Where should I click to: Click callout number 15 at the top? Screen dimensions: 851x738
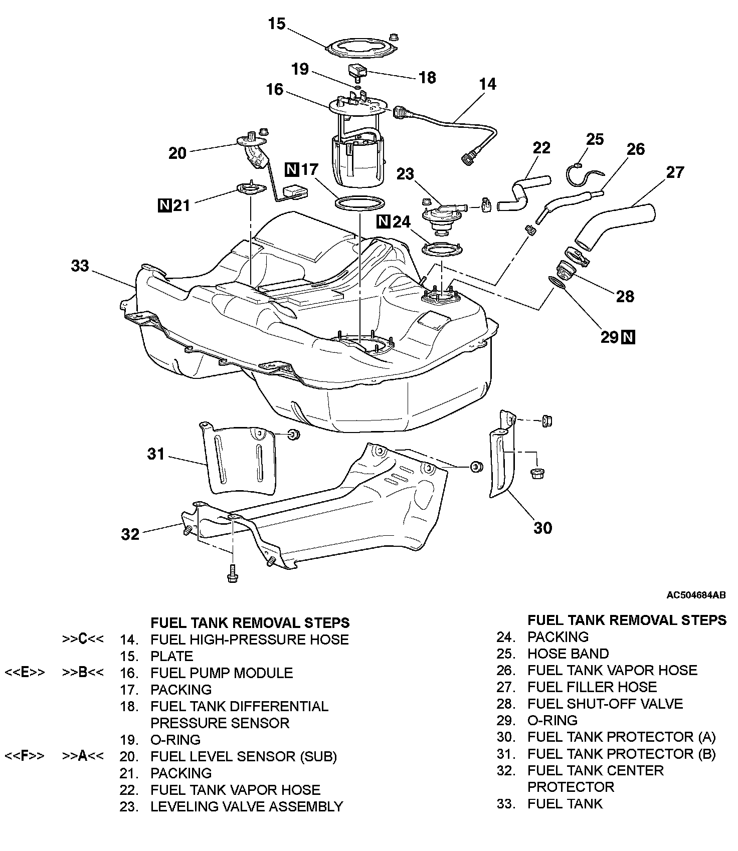pyautogui.click(x=277, y=24)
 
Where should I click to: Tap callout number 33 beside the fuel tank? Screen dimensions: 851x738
pyautogui.click(x=80, y=265)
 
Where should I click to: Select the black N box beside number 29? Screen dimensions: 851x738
pyautogui.click(x=628, y=338)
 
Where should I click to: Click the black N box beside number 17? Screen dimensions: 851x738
pyautogui.click(x=292, y=169)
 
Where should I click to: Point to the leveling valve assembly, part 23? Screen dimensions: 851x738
pyautogui.click(x=439, y=216)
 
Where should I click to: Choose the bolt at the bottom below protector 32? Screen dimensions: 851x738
pyautogui.click(x=232, y=573)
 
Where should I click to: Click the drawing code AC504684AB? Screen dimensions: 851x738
pyautogui.click(x=696, y=595)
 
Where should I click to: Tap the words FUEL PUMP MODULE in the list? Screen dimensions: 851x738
pyautogui.click(x=222, y=673)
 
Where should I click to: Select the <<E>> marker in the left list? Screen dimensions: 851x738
pyautogui.click(x=25, y=673)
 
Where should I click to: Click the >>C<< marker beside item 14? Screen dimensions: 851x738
pyautogui.click(x=83, y=640)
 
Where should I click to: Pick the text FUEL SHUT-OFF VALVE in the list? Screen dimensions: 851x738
pyautogui.click(x=605, y=704)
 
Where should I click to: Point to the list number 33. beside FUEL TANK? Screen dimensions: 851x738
pyautogui.click(x=506, y=804)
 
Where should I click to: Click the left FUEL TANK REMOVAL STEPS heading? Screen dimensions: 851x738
pyautogui.click(x=250, y=622)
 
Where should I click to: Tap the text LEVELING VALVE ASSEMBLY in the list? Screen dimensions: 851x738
pyautogui.click(x=247, y=806)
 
